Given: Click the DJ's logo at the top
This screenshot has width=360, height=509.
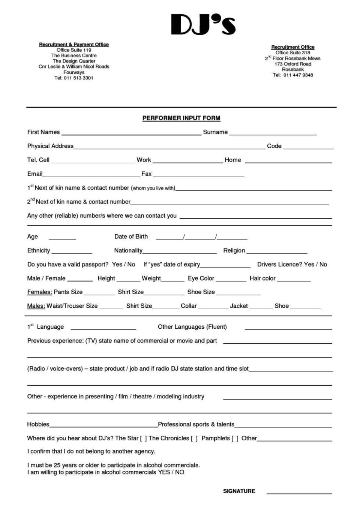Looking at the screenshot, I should [x=203, y=25].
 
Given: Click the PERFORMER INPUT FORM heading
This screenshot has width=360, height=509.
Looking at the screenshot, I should [x=181, y=118].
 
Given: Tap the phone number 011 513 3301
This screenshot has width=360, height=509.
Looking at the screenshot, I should [x=78, y=78].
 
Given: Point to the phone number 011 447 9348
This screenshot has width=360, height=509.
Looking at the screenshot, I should [x=298, y=75].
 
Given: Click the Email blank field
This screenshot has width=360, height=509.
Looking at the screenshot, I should [x=91, y=175].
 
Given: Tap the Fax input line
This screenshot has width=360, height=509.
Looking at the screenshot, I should [x=198, y=175].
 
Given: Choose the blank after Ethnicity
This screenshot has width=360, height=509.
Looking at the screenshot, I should [x=72, y=252].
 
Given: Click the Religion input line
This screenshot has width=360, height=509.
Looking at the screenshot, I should [x=277, y=252].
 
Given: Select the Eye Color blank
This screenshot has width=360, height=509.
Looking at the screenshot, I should [x=231, y=279].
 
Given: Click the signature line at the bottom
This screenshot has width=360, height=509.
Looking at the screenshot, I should [x=299, y=493].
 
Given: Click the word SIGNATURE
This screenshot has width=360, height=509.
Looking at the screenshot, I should [x=239, y=491].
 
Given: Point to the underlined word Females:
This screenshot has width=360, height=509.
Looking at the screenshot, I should [x=39, y=292].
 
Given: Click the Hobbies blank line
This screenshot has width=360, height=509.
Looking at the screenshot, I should [x=103, y=425].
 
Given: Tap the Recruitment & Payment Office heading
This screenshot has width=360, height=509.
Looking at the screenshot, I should [x=74, y=45].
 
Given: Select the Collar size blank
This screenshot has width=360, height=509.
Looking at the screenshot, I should [x=213, y=307].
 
